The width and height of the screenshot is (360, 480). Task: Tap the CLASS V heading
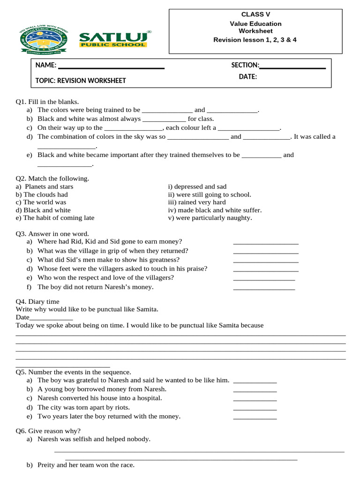(255, 15)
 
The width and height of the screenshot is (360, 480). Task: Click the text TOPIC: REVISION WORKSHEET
(81, 81)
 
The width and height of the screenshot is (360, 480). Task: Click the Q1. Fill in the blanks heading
(47, 101)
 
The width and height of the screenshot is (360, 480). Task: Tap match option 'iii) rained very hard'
(197, 202)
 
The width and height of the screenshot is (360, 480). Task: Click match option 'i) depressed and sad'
(197, 187)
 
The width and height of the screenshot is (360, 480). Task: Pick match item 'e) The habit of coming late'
(55, 217)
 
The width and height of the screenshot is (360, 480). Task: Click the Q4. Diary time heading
(37, 301)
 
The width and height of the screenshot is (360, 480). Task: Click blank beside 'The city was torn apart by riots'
(255, 409)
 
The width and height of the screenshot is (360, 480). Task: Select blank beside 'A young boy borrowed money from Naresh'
(255, 391)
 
